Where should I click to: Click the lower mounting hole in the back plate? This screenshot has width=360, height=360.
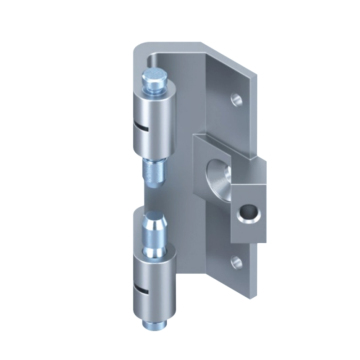click(x=236, y=263)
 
